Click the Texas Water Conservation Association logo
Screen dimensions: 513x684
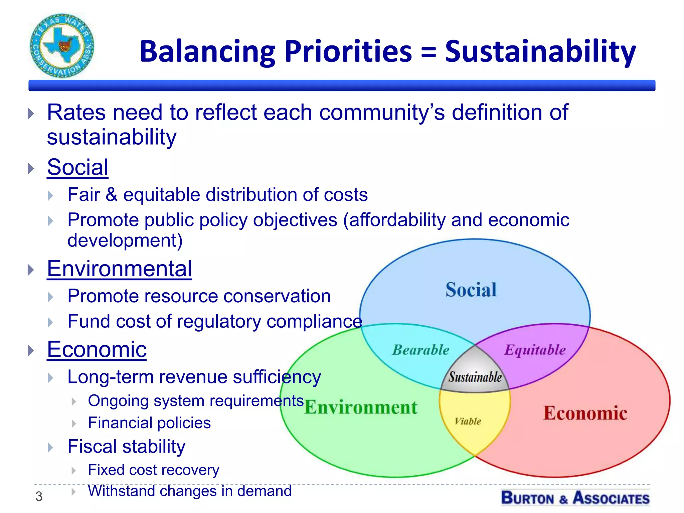click(62, 46)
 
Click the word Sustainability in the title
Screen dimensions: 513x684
click(540, 52)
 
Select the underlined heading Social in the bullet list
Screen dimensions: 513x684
click(77, 167)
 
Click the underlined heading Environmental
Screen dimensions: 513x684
click(119, 269)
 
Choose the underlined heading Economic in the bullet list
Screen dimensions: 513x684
click(97, 349)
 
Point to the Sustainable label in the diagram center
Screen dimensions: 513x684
click(475, 377)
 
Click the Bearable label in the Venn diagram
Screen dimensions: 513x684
click(420, 350)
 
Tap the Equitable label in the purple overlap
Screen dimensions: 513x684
click(535, 350)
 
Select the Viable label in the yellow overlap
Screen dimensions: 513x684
click(468, 421)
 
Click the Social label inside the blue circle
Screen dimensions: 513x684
click(471, 290)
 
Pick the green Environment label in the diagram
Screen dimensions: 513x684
click(361, 407)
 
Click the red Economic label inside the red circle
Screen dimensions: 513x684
click(585, 413)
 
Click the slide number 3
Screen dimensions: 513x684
click(39, 497)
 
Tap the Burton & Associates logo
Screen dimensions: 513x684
click(575, 498)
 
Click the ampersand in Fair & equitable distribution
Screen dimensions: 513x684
click(112, 195)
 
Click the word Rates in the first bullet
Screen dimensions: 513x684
click(76, 113)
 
